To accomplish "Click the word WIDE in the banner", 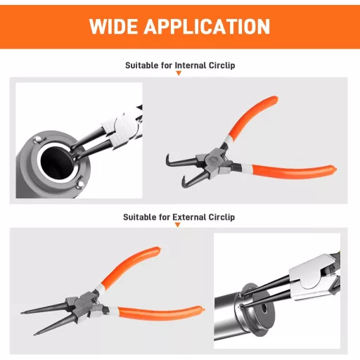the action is tap(114, 26).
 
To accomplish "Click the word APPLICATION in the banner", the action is tap(207, 26).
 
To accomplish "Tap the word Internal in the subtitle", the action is tap(191, 65).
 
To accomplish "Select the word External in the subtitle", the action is tap(189, 217).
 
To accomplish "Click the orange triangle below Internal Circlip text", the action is tap(179, 73).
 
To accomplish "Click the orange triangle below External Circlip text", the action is tap(178, 225).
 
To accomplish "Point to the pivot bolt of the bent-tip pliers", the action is tap(213, 161).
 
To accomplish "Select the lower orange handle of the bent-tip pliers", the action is tap(294, 171).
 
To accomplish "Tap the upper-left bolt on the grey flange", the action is tap(37, 140).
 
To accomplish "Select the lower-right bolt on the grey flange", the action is tap(80, 185).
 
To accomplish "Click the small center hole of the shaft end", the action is tap(264, 308).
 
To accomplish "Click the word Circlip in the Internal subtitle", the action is tap(221, 65).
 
